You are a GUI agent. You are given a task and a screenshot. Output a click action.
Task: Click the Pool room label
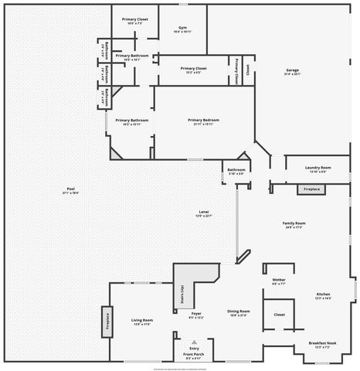(70, 190)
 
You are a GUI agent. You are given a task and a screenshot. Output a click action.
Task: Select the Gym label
(182, 27)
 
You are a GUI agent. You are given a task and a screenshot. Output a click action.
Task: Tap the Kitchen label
(323, 294)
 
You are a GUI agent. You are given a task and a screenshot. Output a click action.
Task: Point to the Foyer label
(196, 313)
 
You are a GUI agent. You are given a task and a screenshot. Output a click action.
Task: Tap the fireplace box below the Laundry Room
(311, 189)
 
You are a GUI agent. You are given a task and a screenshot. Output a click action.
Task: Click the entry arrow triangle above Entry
(194, 342)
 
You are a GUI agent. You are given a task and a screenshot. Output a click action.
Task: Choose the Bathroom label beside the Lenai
(236, 169)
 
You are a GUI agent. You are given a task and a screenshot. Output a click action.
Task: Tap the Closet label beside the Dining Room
(279, 315)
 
